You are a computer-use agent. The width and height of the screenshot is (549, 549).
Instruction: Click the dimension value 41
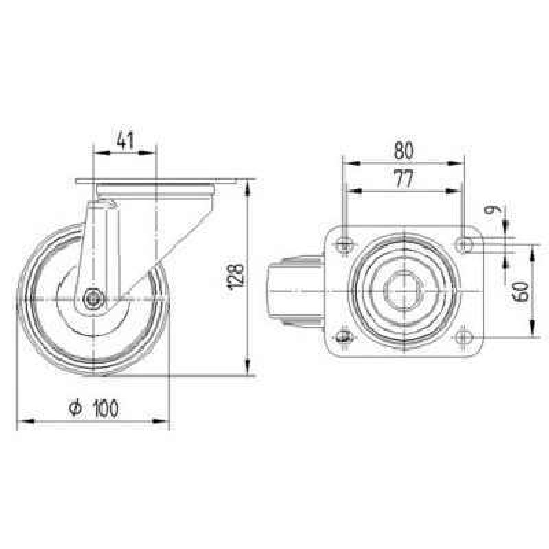[x=126, y=140]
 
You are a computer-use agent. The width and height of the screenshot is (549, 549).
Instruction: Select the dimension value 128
[x=235, y=277]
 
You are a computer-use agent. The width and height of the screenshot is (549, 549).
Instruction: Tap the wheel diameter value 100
[x=106, y=408]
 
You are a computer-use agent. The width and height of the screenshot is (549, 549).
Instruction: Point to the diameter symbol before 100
[x=75, y=408]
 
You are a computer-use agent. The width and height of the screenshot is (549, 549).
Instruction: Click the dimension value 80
[x=404, y=150]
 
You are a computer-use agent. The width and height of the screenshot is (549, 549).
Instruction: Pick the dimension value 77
[x=404, y=178]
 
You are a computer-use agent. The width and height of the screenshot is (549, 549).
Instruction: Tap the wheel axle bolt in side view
[x=93, y=299]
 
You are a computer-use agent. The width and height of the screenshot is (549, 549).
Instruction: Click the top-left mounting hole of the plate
[x=345, y=245]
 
